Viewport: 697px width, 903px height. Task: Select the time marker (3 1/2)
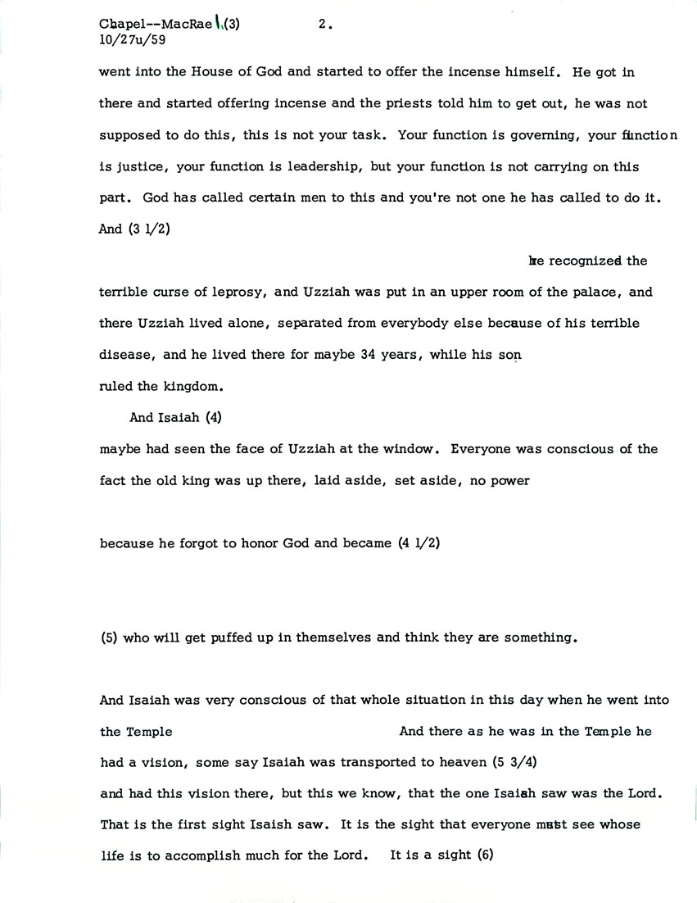click(145, 229)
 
